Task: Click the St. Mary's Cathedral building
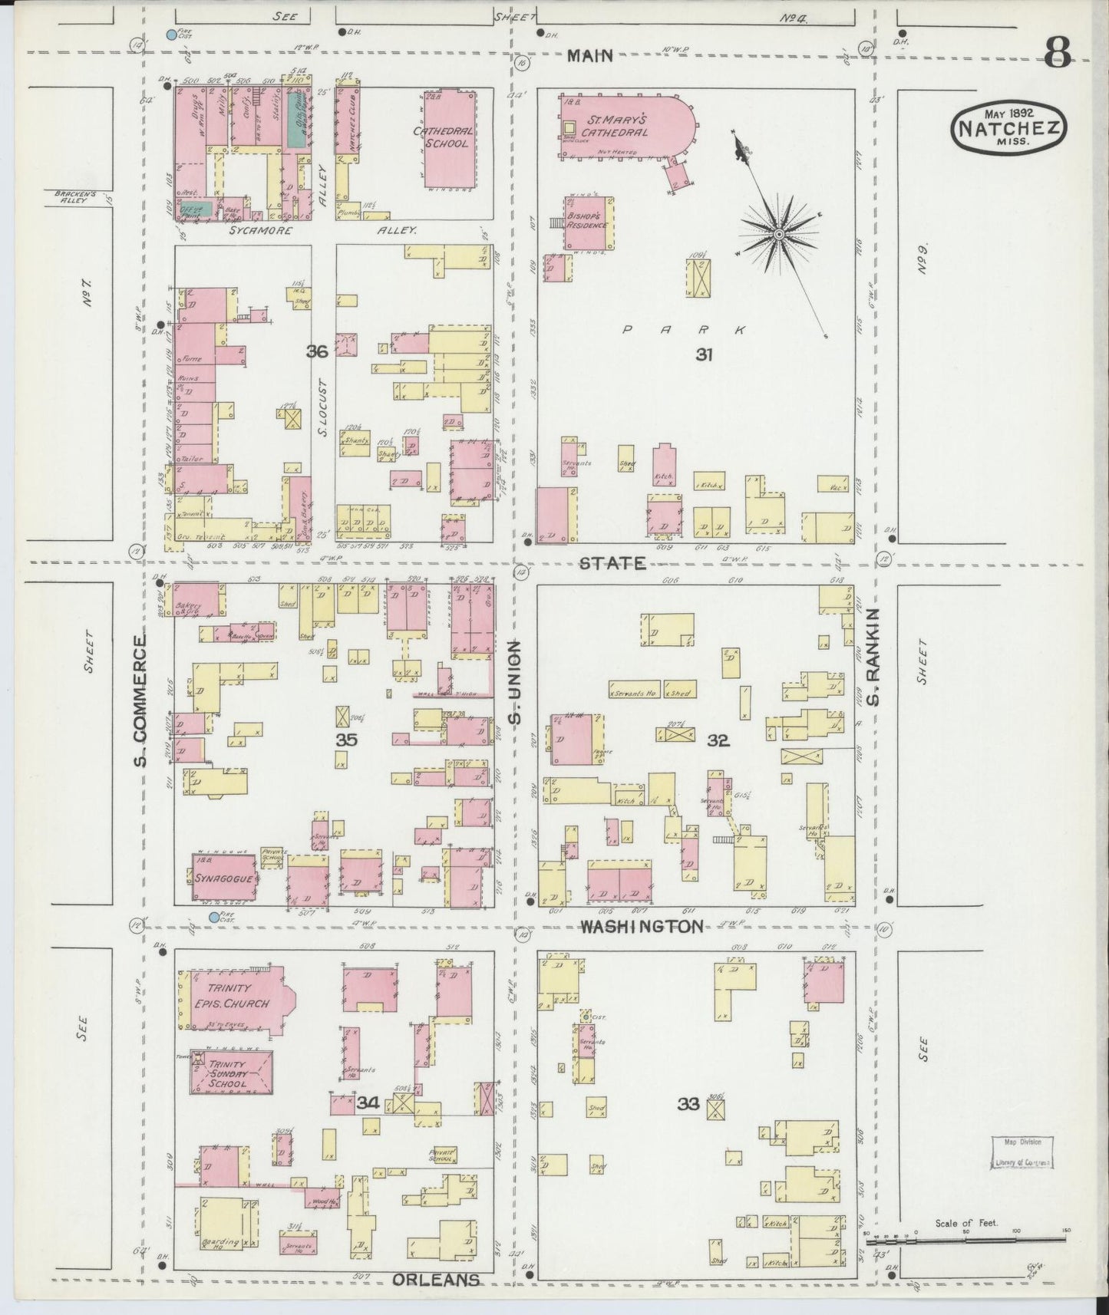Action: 625,124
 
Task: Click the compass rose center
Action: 778,234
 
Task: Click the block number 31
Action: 705,354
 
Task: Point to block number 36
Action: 317,352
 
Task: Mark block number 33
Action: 688,1104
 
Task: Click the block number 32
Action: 718,740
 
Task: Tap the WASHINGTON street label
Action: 641,927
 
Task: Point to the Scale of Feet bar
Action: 965,1237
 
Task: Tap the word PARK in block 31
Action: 682,331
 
